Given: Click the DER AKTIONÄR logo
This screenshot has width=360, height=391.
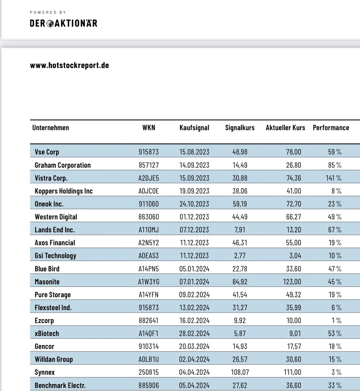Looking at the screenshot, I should point(63,23).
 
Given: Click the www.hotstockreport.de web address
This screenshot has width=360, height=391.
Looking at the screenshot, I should point(69,65).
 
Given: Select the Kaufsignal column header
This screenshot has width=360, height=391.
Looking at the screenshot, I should point(194,128).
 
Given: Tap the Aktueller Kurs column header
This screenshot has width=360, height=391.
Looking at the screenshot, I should point(285,128).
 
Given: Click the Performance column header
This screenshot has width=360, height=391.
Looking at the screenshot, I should point(331,128).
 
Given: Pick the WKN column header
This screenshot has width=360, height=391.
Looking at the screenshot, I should point(149,128).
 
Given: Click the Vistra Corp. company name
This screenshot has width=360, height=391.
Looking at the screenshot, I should point(51,178).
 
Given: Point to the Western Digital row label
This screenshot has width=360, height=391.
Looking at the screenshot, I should point(56,217).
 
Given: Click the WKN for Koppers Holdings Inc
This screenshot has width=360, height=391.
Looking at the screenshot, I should point(149,191).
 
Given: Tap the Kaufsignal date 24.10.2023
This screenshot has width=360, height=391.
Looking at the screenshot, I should point(194,204).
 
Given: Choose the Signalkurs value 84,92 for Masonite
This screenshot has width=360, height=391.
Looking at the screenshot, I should point(240,282).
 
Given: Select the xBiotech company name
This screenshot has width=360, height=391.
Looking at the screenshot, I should point(47,334).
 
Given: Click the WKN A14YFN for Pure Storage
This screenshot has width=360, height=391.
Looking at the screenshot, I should point(149,295).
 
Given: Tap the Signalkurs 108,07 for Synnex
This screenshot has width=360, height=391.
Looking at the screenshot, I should point(239,372).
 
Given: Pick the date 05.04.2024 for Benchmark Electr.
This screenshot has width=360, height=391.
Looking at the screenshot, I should point(194,385).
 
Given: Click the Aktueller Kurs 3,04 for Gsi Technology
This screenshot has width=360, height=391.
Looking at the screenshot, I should point(295,256).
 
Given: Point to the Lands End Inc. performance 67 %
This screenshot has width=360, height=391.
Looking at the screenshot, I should point(335,230).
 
